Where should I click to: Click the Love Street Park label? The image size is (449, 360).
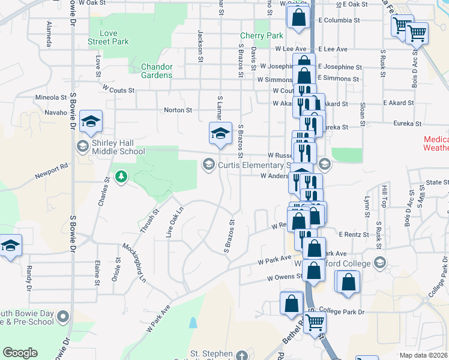click(109, 37)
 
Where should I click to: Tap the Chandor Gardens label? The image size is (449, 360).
click(157, 71)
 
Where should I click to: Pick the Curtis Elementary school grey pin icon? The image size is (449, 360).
click(209, 164)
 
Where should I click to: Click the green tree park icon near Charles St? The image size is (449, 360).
click(122, 176)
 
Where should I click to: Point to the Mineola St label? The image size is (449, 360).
click(51, 97)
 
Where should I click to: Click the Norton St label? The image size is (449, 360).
click(178, 110)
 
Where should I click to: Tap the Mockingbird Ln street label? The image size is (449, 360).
click(135, 263)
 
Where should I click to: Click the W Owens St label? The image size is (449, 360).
click(285, 278)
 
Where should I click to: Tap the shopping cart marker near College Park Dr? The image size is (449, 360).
click(315, 323)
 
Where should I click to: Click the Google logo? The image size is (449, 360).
click(20, 353)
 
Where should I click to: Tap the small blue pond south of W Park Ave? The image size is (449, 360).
click(192, 323)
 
